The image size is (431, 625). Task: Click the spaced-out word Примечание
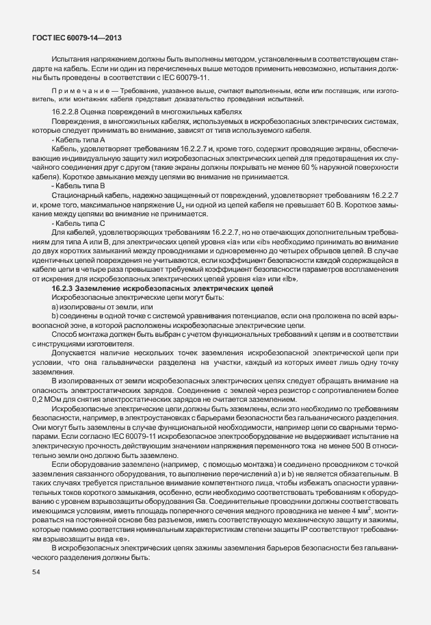pos(74,90)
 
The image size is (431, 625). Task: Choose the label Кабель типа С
pos(77,222)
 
